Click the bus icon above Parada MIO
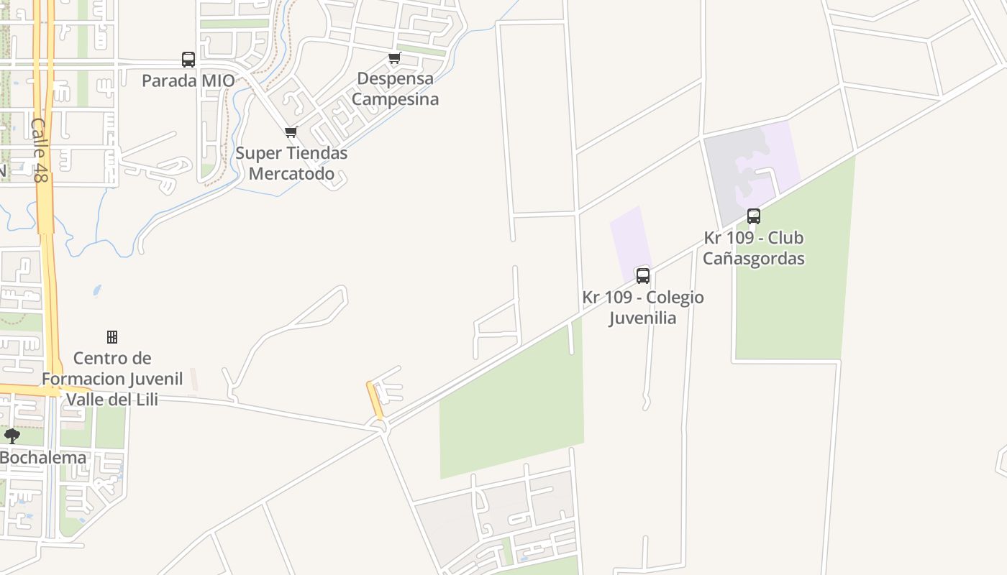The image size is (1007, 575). [x=188, y=60]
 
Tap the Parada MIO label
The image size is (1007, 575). [x=188, y=80]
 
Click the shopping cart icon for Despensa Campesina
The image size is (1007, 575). [x=394, y=58]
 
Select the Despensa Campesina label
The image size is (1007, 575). [x=395, y=88]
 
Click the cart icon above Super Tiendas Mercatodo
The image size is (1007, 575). [x=291, y=132]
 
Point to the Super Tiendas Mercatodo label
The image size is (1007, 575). [x=291, y=163]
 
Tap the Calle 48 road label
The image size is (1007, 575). [x=40, y=149]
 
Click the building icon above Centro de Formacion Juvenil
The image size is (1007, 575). [x=112, y=336]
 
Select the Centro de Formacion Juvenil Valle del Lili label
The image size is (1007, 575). [x=112, y=378]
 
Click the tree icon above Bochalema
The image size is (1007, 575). [x=12, y=436]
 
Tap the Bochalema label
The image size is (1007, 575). [x=43, y=457]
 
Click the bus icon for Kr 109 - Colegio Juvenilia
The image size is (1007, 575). [x=643, y=275]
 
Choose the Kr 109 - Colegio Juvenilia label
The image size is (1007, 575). [x=643, y=307]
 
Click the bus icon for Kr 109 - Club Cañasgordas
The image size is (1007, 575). [x=754, y=216]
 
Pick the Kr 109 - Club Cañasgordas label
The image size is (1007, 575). [x=754, y=248]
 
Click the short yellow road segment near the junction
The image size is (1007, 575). [x=375, y=400]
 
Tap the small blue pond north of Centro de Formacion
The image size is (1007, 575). [x=96, y=290]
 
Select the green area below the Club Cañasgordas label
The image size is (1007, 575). [x=791, y=309]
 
